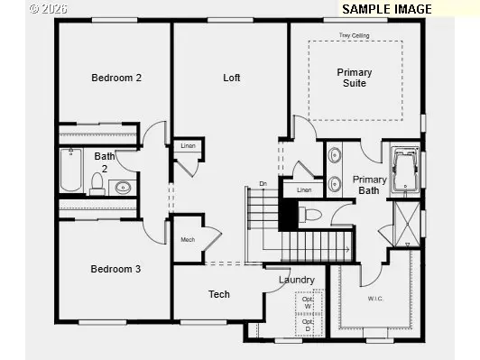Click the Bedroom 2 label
point(116,78)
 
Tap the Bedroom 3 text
point(115,269)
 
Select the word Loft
point(232,78)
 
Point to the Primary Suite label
point(355,78)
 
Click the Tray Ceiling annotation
point(354,36)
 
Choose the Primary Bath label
point(370,185)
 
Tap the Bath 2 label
point(104,162)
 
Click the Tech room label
point(219,294)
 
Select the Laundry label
point(296,280)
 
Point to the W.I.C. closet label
point(376,298)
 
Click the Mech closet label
point(188,239)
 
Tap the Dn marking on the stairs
point(263,184)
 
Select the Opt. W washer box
point(309,302)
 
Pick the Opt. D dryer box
point(309,324)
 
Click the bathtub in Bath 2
point(72,171)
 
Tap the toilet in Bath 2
point(97,185)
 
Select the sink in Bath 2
point(123,188)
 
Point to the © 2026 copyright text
point(47,8)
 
